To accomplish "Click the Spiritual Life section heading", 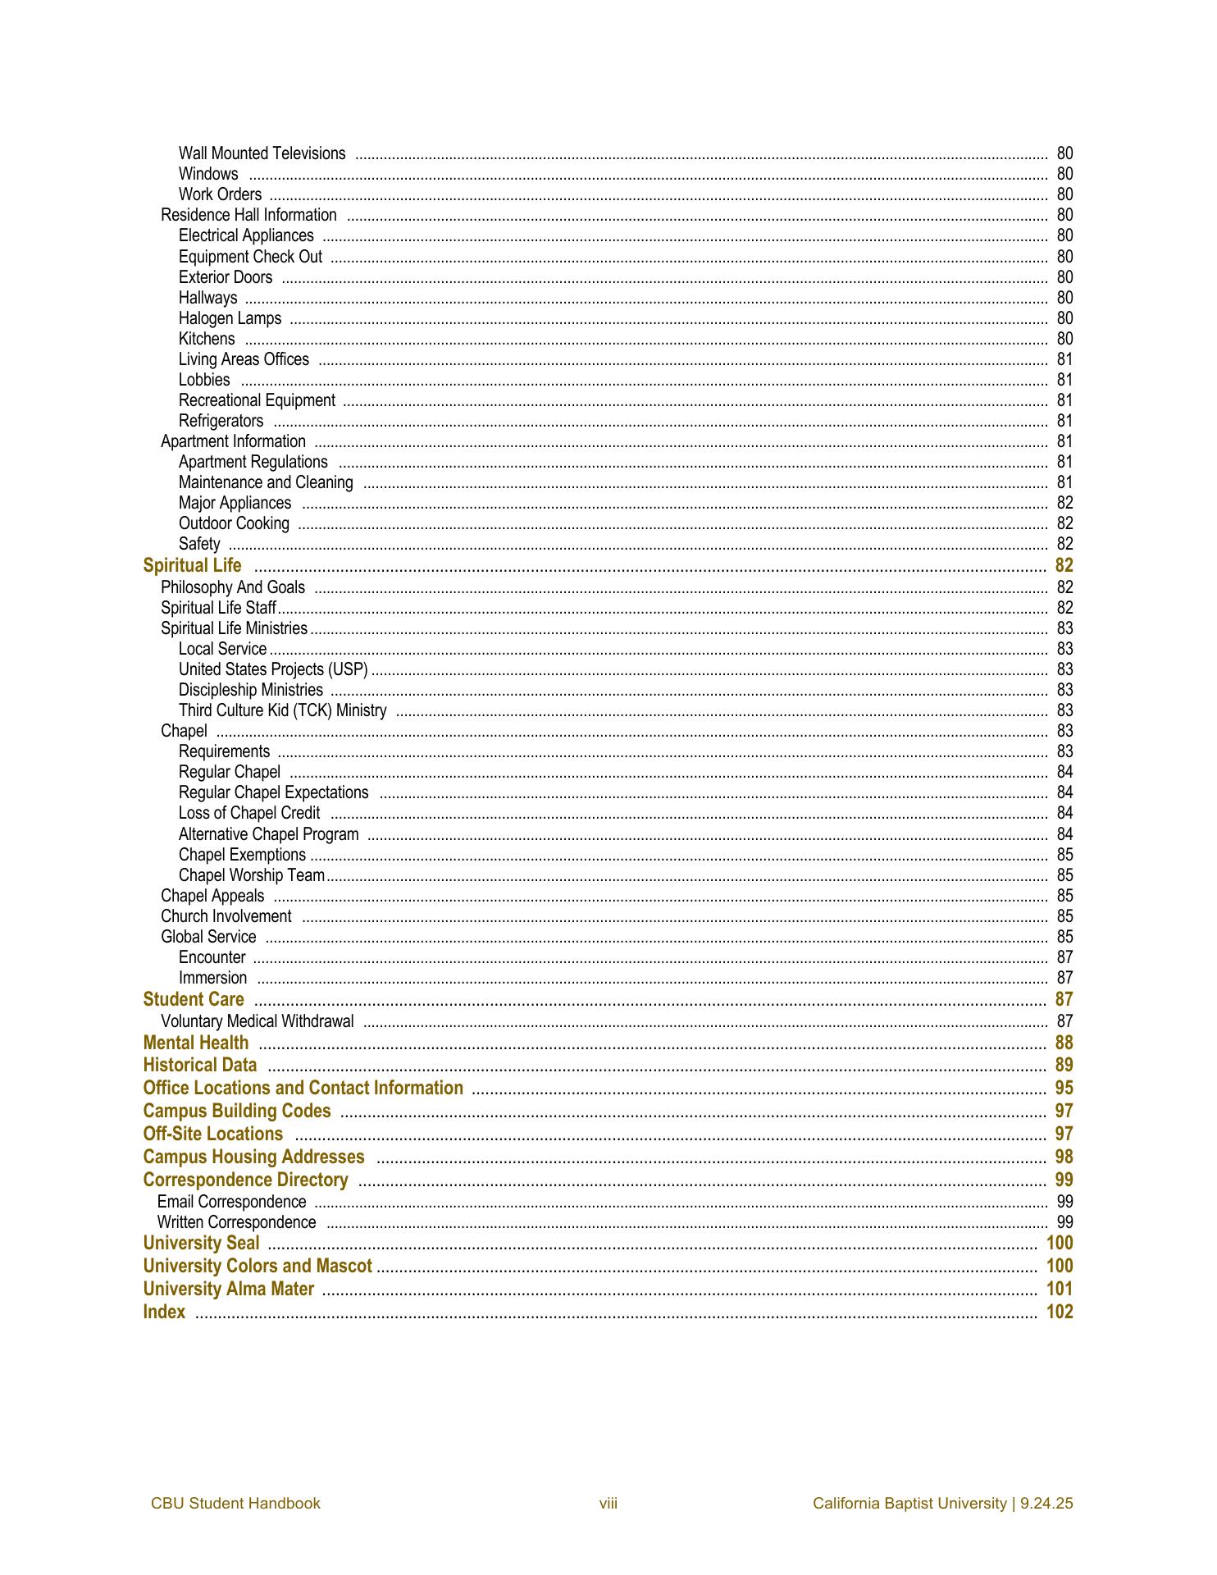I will [192, 565].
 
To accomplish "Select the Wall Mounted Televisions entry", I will [262, 153].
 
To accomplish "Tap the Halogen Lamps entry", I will [230, 318].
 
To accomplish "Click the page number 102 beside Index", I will [1060, 1312].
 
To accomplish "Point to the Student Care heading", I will [194, 999].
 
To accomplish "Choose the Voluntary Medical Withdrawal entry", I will [257, 1021].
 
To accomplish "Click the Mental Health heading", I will [195, 1043].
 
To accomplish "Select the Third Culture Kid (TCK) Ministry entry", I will [282, 710].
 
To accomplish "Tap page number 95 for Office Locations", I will [1064, 1088].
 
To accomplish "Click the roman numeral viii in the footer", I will [608, 1504].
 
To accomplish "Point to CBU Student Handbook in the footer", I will [235, 1504].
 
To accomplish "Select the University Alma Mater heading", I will [228, 1289].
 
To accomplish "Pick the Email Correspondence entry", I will [231, 1202].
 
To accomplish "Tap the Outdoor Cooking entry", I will [234, 523].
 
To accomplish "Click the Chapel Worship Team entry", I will [252, 875].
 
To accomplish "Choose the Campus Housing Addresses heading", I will [253, 1157].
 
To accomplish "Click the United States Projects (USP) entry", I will [273, 669].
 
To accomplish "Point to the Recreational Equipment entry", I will [257, 400].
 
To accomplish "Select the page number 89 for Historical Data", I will [1064, 1065].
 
